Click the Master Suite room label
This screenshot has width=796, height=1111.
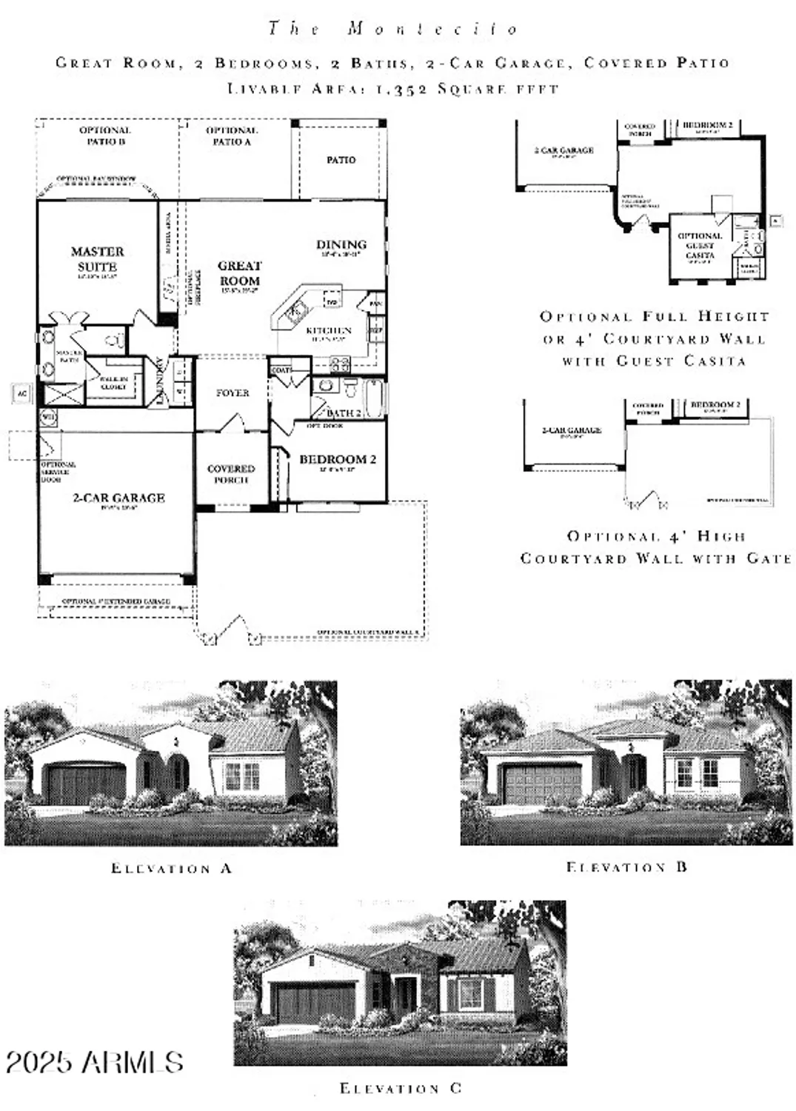(97, 259)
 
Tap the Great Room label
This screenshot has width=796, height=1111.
(239, 273)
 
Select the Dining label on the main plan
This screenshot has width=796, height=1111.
(341, 244)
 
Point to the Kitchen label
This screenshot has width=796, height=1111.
(329, 330)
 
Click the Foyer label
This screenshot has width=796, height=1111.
(233, 393)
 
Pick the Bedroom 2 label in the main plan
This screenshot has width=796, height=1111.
(338, 459)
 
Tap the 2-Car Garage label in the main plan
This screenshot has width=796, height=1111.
(118, 498)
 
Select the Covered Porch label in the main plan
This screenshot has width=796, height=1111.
(231, 474)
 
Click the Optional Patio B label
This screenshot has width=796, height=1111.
(105, 136)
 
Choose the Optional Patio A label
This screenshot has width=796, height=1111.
(232, 136)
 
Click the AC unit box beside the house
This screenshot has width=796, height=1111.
(21, 394)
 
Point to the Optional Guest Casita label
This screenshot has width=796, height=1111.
(700, 245)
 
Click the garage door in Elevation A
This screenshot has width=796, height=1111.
(86, 784)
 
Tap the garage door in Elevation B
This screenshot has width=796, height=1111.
(543, 784)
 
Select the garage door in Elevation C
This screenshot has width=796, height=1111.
(315, 1001)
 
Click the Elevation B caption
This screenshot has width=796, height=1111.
(626, 867)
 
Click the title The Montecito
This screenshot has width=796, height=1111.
(393, 29)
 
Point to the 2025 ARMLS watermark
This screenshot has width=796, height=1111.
(94, 1062)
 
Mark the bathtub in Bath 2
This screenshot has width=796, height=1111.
(375, 397)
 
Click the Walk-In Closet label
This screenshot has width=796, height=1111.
(114, 382)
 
